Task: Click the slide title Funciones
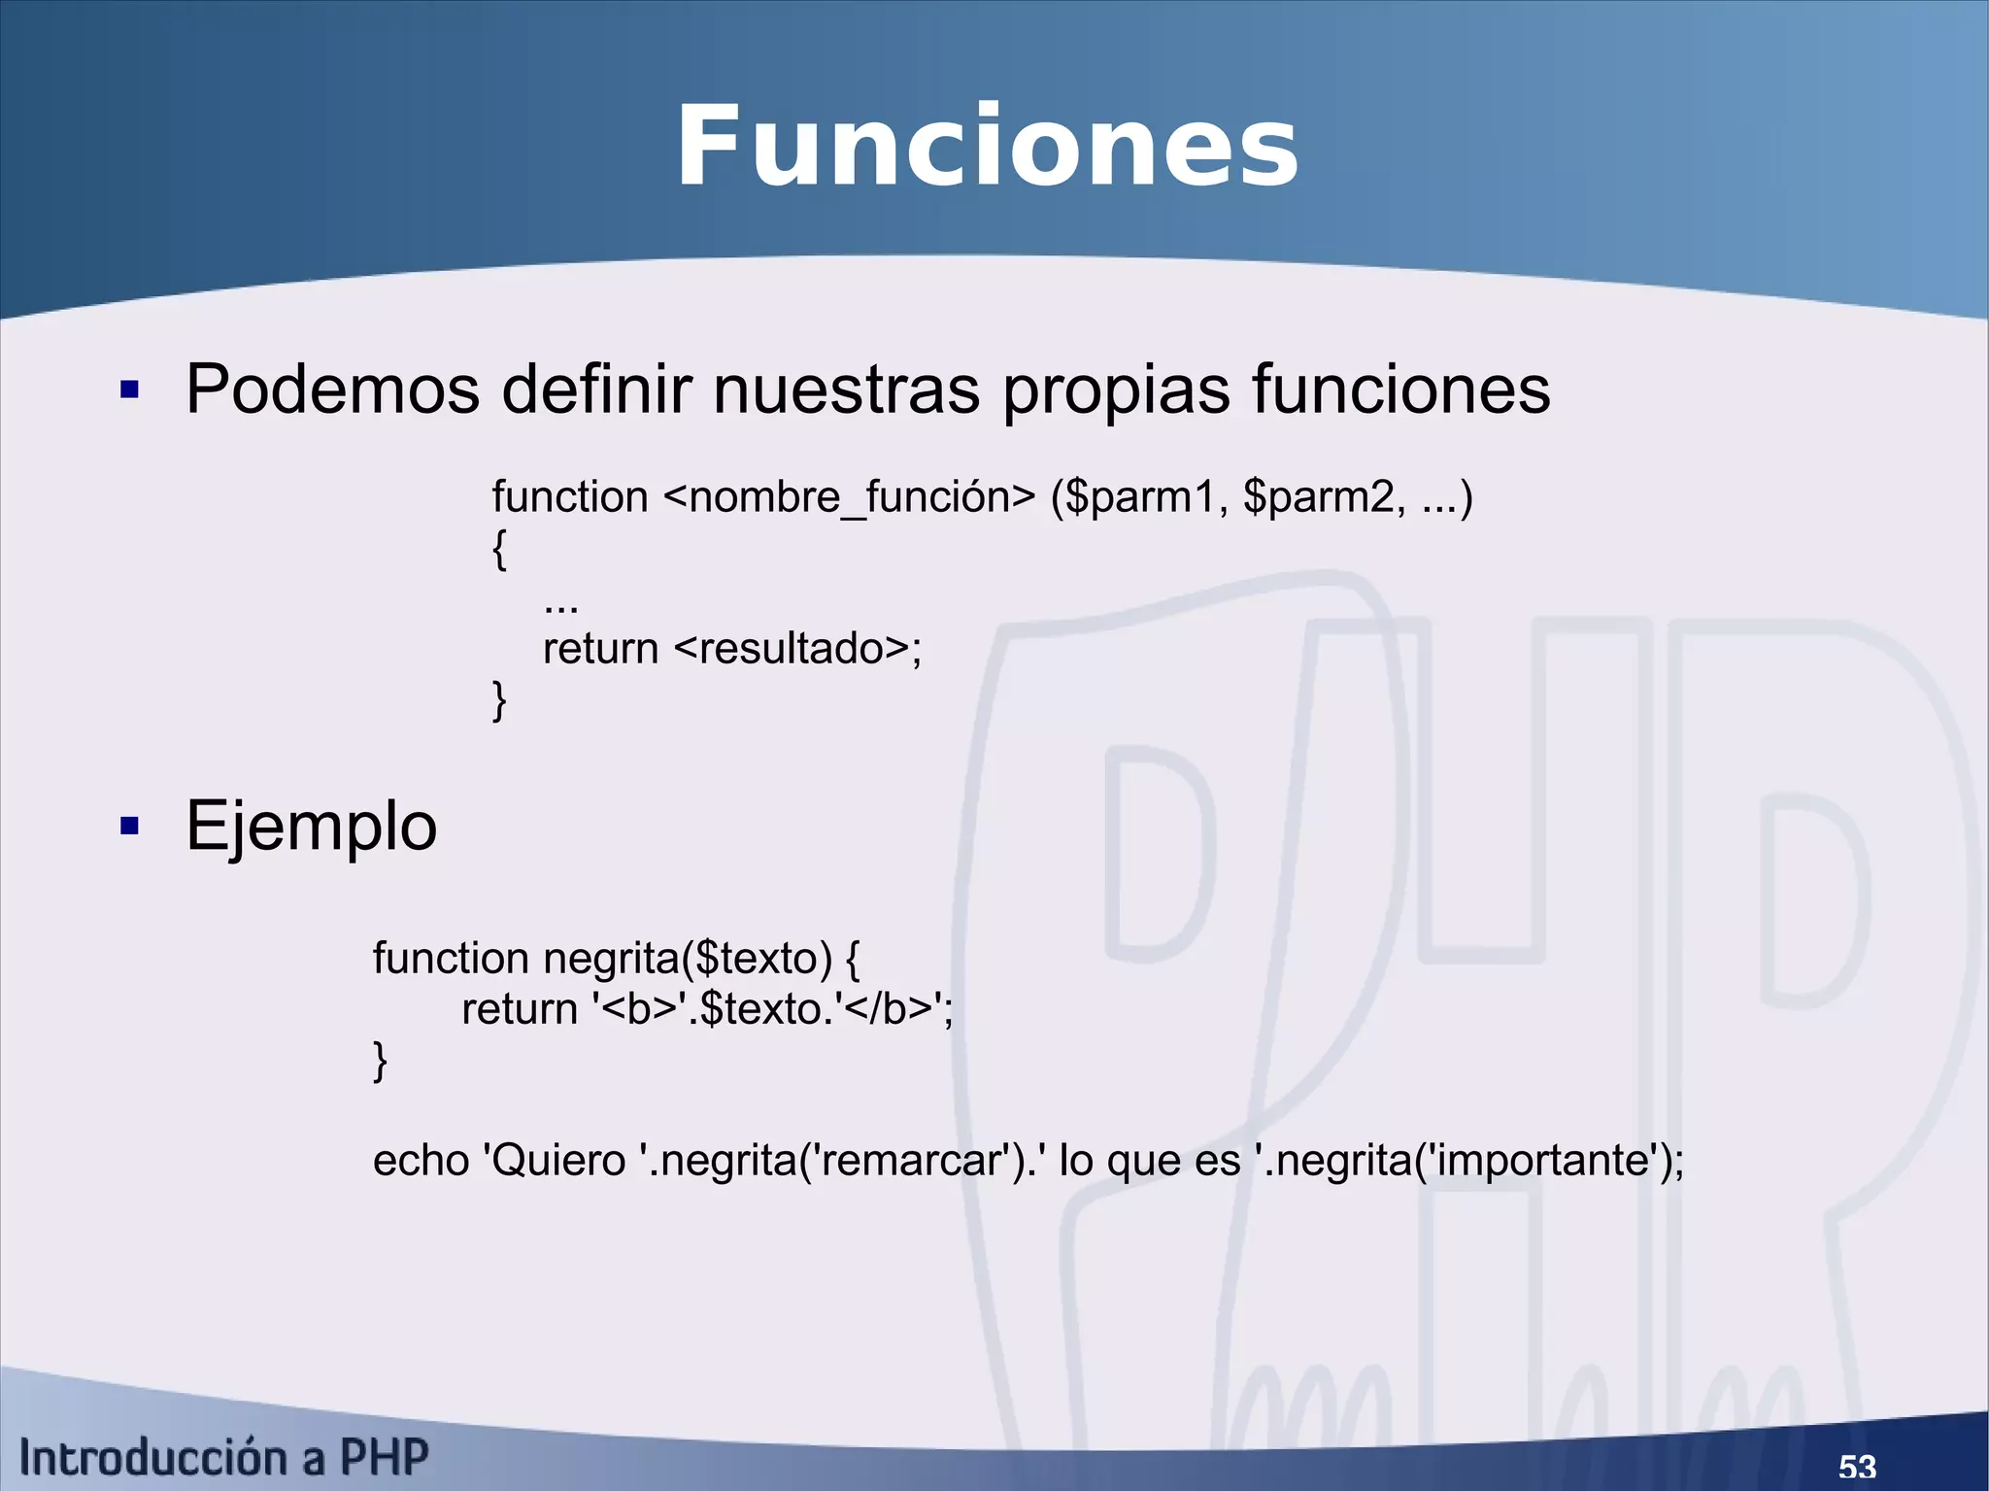pyautogui.click(x=987, y=148)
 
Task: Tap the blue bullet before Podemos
pyautogui.click(x=129, y=390)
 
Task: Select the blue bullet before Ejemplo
pyautogui.click(x=129, y=827)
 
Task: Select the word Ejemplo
pyautogui.click(x=311, y=827)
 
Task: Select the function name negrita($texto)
pyautogui.click(x=688, y=959)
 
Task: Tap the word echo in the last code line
pyautogui.click(x=421, y=1160)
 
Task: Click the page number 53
pyautogui.click(x=1857, y=1466)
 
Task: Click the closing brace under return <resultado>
pyautogui.click(x=499, y=699)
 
